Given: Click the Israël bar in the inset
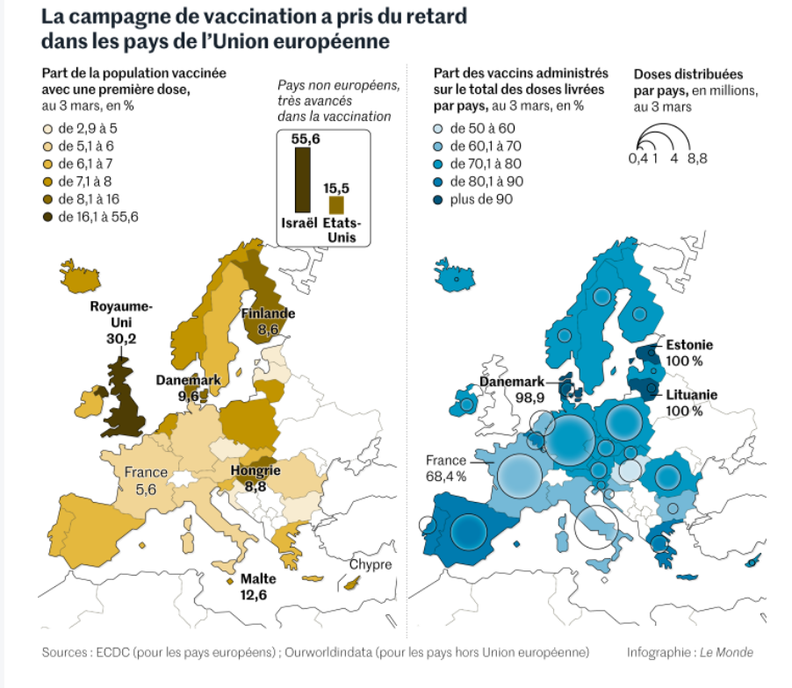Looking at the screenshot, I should pyautogui.click(x=302, y=180).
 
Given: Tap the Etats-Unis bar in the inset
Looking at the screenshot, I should pyautogui.click(x=335, y=204).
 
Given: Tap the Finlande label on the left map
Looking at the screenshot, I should pyautogui.click(x=269, y=313).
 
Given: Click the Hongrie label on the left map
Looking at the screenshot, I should pyautogui.click(x=256, y=470).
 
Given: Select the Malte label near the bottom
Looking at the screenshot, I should pyautogui.click(x=258, y=579).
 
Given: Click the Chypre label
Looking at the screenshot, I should pyautogui.click(x=371, y=564).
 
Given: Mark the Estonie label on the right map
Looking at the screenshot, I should pyautogui.click(x=689, y=345).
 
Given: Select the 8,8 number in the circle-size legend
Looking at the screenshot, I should pyautogui.click(x=698, y=158).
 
